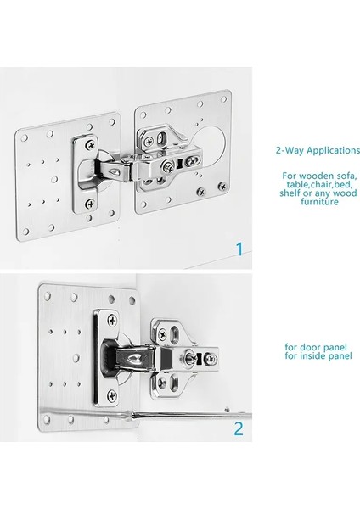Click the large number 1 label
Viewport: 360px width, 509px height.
click(239, 249)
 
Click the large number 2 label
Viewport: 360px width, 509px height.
click(239, 428)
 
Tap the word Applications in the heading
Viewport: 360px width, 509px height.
click(334, 151)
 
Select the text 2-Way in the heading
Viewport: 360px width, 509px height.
click(290, 150)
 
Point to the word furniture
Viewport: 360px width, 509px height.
click(319, 202)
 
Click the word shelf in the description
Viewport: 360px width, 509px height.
click(290, 193)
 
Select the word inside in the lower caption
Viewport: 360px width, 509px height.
click(312, 355)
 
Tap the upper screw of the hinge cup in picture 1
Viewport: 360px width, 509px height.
click(91, 145)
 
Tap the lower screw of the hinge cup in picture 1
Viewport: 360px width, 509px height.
click(90, 204)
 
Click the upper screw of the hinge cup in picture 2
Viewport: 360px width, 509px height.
click(112, 321)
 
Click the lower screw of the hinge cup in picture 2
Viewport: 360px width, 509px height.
click(112, 395)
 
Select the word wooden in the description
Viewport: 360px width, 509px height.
click(316, 176)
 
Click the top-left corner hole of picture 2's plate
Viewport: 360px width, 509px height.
click(48, 296)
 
